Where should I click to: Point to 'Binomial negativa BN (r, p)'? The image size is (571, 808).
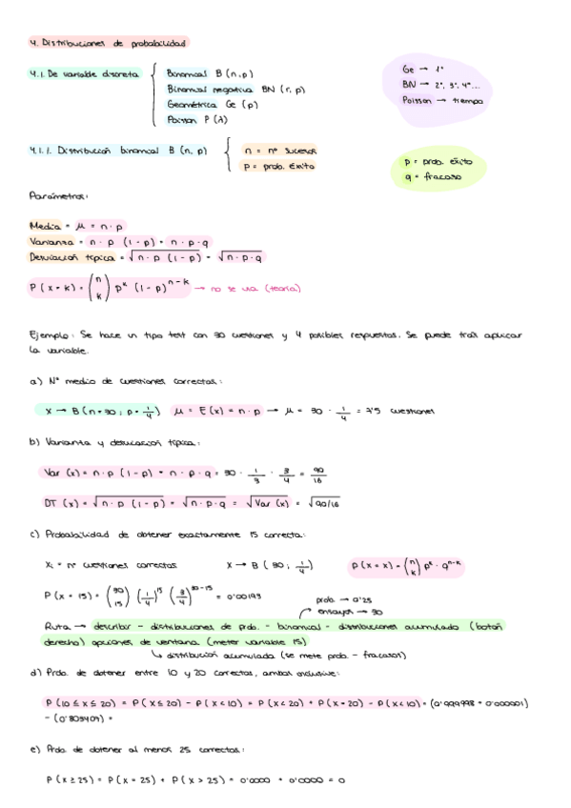[x=235, y=89]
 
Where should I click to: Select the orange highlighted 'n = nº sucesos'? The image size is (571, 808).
[x=279, y=151]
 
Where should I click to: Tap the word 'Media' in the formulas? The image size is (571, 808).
[x=44, y=227]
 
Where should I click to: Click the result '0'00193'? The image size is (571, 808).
[x=240, y=596]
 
